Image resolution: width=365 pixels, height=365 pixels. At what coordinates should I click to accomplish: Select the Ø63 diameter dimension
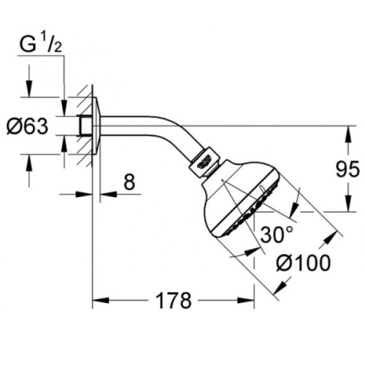[x=28, y=126]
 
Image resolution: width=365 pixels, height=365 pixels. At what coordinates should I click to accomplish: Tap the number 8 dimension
[x=128, y=182]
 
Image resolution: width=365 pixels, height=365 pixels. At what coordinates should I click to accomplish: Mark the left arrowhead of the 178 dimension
[x=98, y=300]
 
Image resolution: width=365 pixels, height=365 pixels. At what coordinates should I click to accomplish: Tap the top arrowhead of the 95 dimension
[x=347, y=130]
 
